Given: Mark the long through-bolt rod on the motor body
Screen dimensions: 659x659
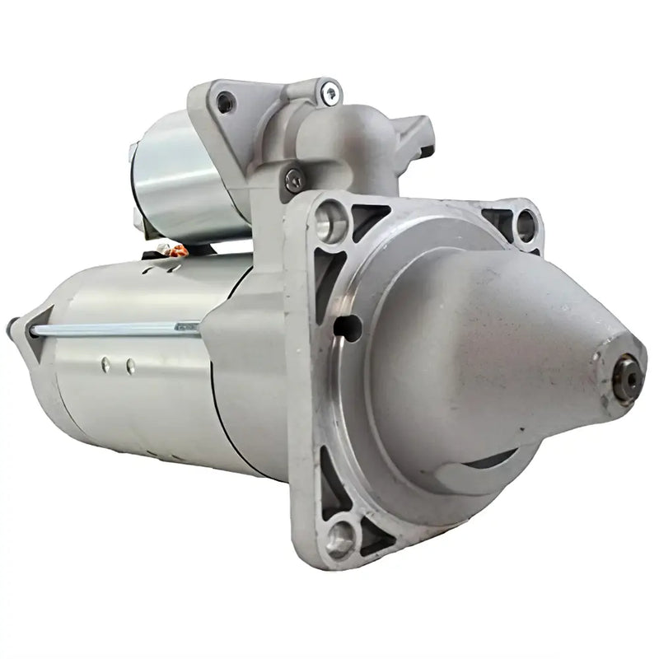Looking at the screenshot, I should (115, 329).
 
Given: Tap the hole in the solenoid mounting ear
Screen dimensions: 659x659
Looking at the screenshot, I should (225, 102).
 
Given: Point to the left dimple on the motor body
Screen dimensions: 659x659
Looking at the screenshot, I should (105, 362).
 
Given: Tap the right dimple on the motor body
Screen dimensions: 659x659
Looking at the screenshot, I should (130, 363).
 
